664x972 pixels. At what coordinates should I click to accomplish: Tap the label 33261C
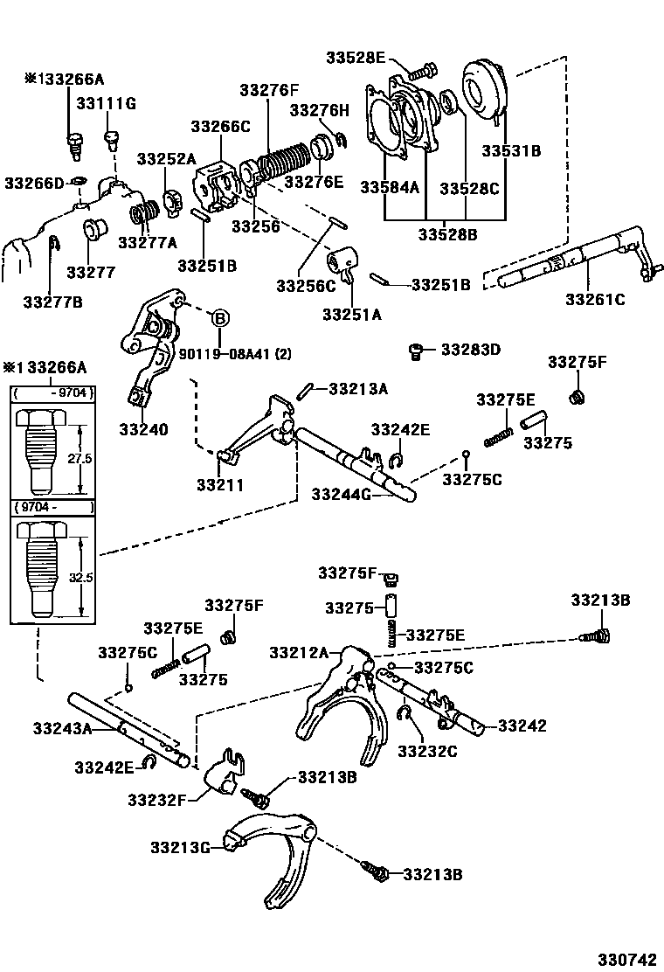click(595, 300)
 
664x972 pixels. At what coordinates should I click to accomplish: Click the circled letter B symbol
click(219, 316)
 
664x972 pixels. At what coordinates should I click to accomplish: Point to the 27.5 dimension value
click(81, 458)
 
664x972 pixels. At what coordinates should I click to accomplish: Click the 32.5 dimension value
click(81, 577)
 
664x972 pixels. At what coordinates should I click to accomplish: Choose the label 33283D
click(470, 350)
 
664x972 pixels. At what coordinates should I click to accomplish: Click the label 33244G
click(342, 495)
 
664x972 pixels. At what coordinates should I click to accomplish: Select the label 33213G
click(181, 847)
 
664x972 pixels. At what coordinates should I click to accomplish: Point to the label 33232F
click(159, 799)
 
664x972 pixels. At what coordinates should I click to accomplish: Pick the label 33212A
click(299, 652)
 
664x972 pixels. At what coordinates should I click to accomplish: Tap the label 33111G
click(106, 104)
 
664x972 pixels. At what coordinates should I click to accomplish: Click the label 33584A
click(391, 188)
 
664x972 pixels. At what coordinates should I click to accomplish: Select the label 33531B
click(511, 151)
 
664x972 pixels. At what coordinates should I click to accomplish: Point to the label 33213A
click(357, 389)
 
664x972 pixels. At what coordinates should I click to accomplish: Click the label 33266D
click(34, 183)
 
